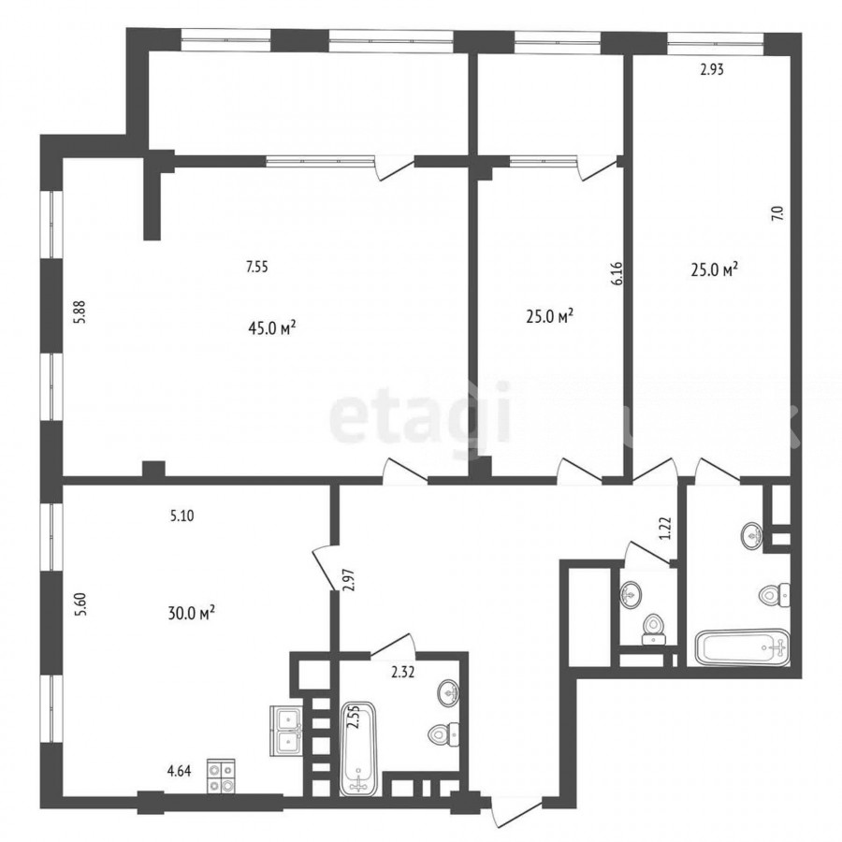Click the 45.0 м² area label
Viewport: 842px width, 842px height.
coord(272,327)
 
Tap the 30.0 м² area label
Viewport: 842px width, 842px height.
coord(192,612)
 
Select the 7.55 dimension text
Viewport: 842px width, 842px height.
coord(256,267)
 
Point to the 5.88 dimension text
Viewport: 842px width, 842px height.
coord(80,312)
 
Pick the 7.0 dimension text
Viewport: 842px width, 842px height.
coord(778,213)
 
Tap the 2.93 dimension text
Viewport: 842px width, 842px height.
coord(712,69)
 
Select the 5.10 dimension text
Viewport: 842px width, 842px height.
coord(182,516)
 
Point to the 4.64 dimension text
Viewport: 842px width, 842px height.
coord(180,772)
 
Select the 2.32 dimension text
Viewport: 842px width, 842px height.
coord(402,672)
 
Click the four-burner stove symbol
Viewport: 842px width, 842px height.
coord(221,777)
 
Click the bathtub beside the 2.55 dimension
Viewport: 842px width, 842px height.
coord(359,748)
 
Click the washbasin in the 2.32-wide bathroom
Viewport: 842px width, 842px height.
coord(448,693)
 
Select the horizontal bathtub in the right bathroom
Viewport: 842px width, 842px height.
coord(742,647)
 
